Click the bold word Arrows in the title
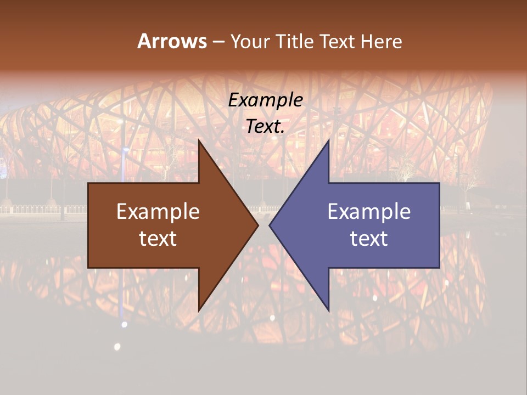click(x=172, y=41)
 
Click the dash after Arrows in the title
click(x=218, y=42)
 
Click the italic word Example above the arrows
click(x=266, y=100)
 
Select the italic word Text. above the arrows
click(x=266, y=127)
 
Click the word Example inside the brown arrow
click(x=158, y=212)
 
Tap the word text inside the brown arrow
click(x=158, y=239)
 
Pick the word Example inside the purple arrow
click(x=369, y=212)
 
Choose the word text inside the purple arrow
click(x=369, y=239)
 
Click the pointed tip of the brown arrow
click(x=257, y=225)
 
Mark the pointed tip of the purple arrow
click(x=270, y=225)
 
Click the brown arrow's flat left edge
click(x=88, y=225)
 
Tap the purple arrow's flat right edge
click(x=439, y=225)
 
